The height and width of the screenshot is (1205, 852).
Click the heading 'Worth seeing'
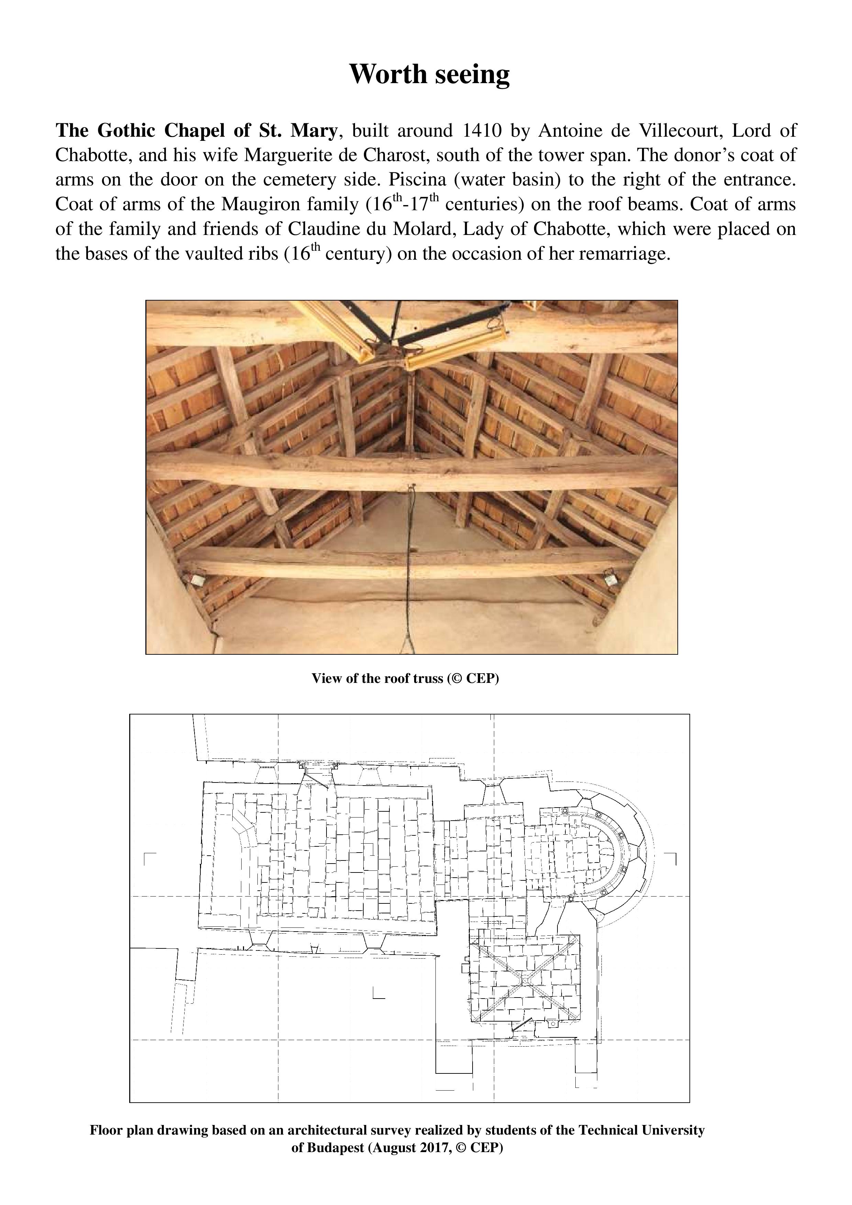[429, 74]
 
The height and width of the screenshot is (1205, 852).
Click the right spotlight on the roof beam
[610, 578]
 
